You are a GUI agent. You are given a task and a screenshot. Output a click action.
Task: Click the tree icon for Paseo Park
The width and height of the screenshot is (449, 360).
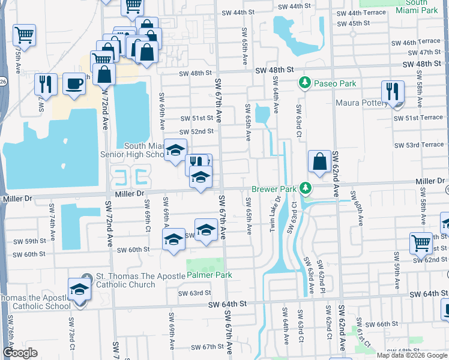(305, 82)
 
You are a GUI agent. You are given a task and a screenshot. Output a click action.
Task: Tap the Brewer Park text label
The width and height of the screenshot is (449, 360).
(274, 189)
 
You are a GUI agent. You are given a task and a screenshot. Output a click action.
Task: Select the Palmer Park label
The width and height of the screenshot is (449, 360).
(209, 275)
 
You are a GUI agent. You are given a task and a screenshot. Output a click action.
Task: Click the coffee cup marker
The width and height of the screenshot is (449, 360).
(74, 84)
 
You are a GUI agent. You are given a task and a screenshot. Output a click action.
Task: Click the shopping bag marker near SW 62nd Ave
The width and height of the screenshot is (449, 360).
(320, 161)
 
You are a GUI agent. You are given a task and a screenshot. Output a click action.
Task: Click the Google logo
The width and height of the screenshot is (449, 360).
(20, 353)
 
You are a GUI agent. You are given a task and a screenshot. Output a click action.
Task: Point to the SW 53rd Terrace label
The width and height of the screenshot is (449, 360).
(419, 145)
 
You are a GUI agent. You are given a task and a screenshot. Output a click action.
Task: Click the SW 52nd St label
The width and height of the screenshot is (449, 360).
(196, 131)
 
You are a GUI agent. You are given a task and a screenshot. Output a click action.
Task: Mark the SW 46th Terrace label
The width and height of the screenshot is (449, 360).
(422, 42)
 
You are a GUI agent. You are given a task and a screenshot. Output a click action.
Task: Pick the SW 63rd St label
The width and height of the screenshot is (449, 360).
(195, 293)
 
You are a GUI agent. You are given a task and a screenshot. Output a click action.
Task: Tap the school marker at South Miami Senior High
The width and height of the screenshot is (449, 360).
(175, 151)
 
